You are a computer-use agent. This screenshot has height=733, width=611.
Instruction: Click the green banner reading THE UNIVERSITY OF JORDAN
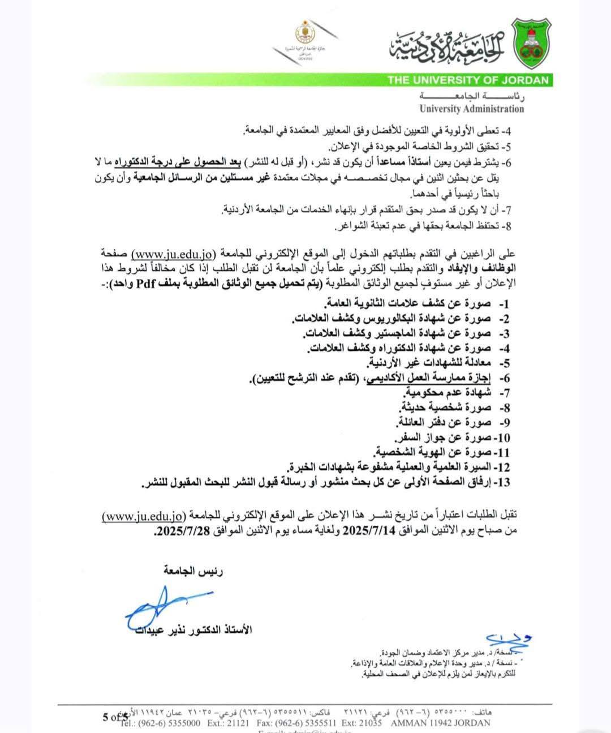click(468, 80)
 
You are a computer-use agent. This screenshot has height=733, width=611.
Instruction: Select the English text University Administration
click(472, 109)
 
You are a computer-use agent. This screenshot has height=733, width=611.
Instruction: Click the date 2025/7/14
click(368, 530)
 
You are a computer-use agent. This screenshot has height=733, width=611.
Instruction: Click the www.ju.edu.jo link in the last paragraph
click(144, 516)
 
